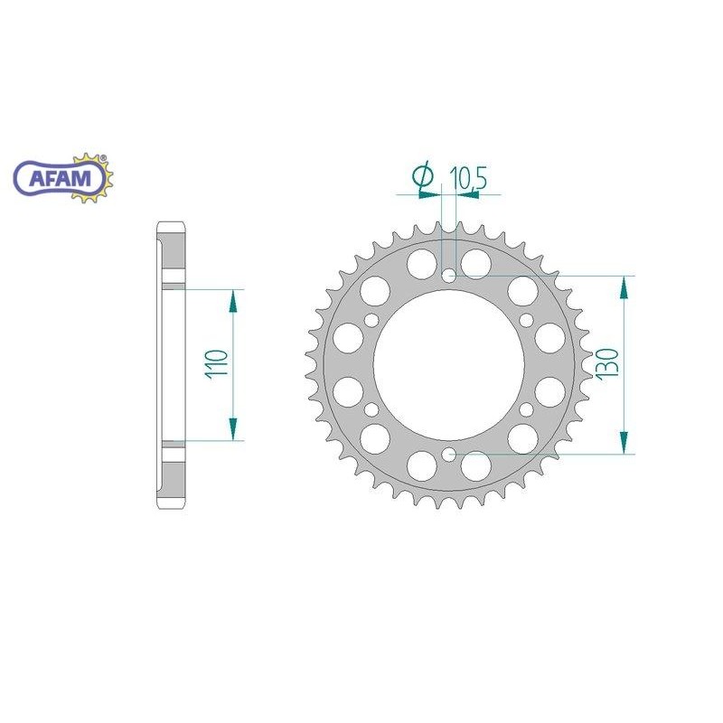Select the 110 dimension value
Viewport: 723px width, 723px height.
click(216, 365)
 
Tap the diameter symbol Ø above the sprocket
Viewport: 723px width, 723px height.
click(423, 178)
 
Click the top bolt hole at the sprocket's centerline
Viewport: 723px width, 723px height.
click(449, 275)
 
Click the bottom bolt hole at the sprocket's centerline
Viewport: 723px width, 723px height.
click(449, 454)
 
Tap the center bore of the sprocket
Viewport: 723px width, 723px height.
click(449, 364)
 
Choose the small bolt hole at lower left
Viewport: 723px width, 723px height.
click(371, 409)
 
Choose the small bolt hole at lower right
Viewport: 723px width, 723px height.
click(527, 409)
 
